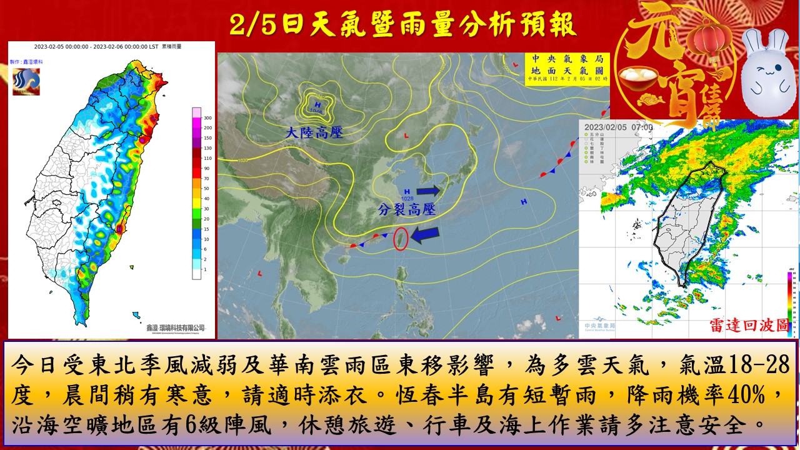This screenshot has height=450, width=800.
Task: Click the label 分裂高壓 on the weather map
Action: click(407, 210)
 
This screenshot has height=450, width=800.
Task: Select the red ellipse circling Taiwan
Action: click(401, 239)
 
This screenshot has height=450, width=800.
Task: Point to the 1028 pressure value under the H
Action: click(408, 198)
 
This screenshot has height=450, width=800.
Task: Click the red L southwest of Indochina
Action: click(259, 273)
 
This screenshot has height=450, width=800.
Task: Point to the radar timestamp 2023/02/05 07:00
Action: click(619, 127)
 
